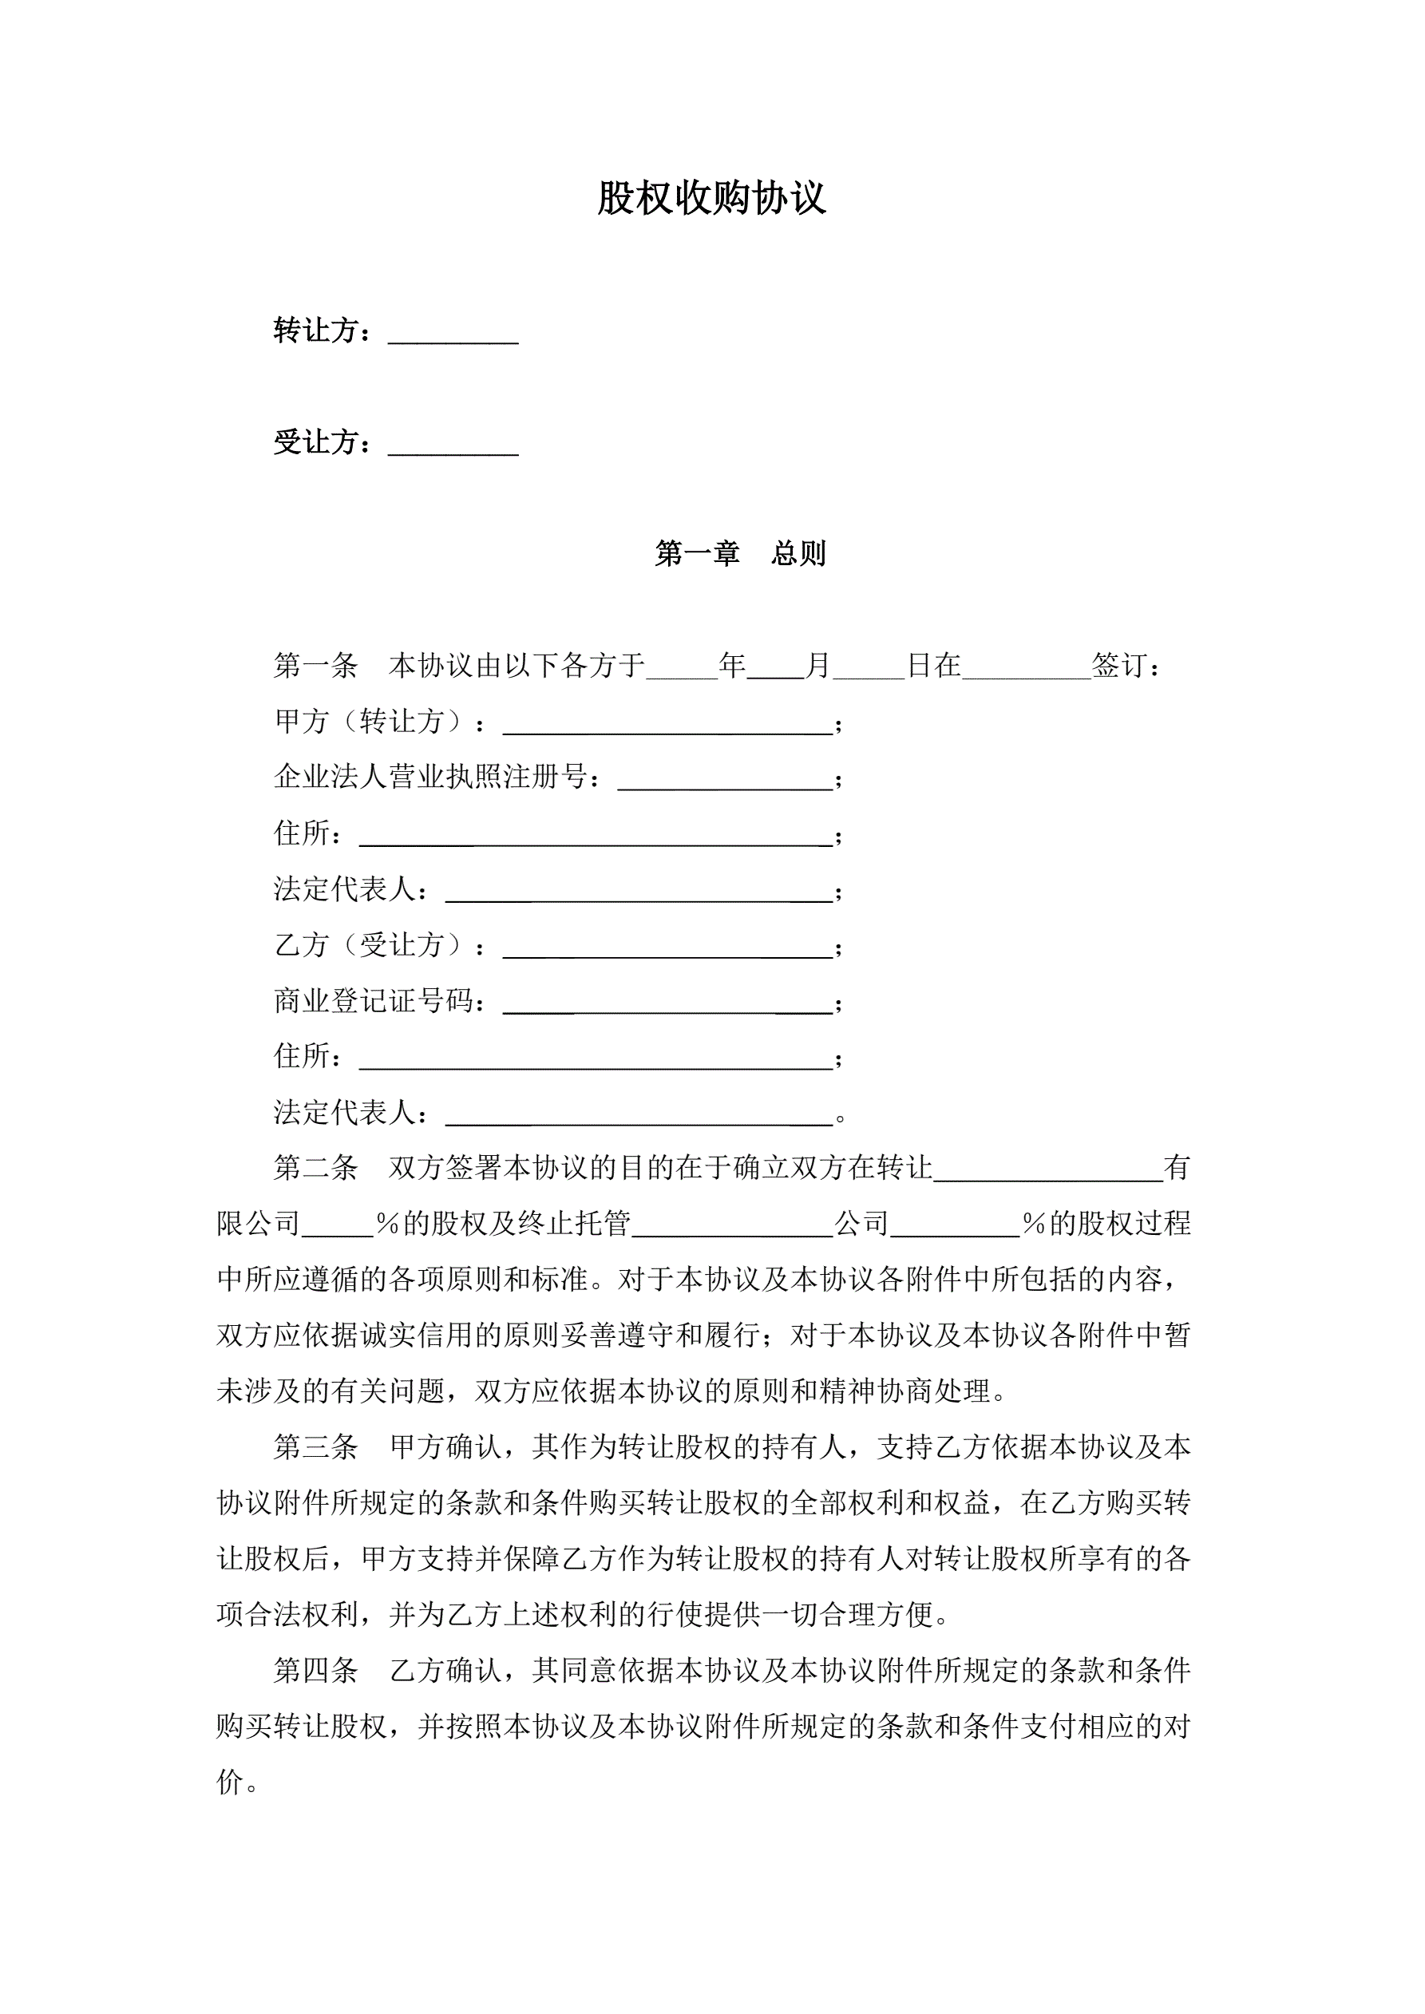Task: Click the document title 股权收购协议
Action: [711, 198]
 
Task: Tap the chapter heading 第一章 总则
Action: [740, 553]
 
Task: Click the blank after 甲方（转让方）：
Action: [667, 725]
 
